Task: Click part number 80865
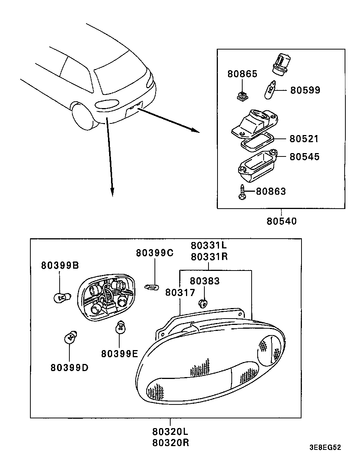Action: [242, 74]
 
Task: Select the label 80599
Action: [305, 90]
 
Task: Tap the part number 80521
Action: [304, 139]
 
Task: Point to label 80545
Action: [304, 157]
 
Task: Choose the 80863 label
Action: [271, 192]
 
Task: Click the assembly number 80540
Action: [282, 221]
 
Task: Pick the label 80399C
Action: [154, 253]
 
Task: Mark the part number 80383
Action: [205, 281]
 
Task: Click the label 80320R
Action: [171, 443]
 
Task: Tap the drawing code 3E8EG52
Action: [325, 447]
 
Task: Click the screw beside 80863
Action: [242, 192]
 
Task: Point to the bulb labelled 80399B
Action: [62, 298]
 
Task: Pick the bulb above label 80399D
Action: [70, 337]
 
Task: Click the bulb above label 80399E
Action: [120, 327]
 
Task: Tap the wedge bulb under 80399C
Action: [151, 287]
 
